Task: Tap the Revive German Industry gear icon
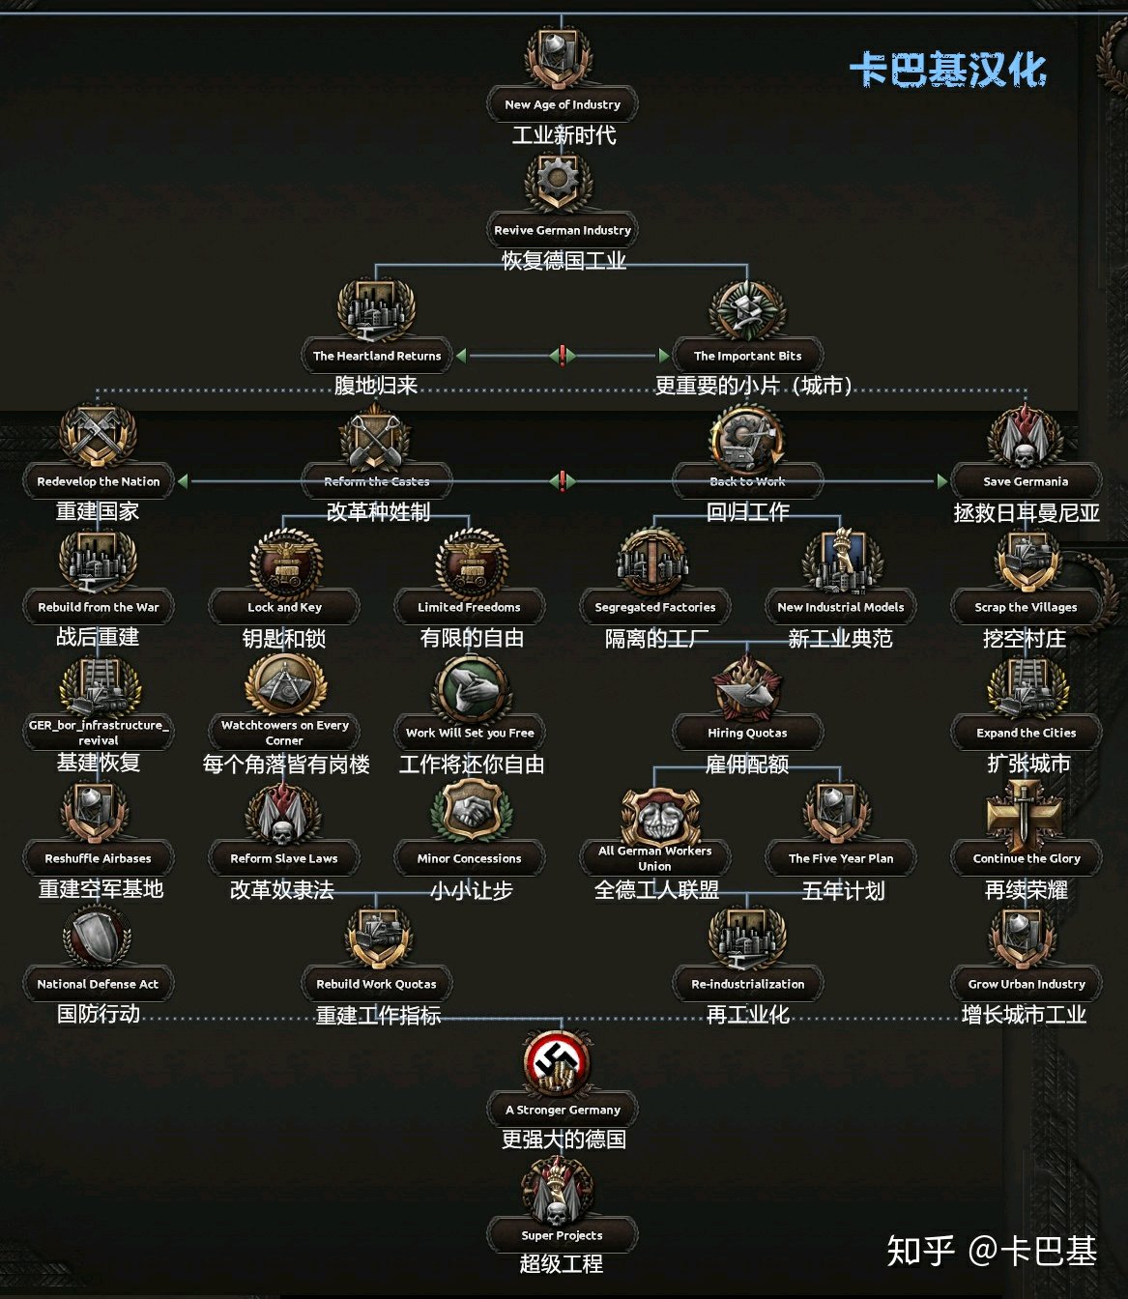(x=560, y=182)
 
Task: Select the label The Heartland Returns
(x=377, y=356)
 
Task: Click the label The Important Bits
(x=747, y=356)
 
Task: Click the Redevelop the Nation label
(x=99, y=481)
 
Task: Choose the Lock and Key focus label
(x=284, y=607)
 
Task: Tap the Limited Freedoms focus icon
(x=470, y=563)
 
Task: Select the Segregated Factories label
(x=655, y=607)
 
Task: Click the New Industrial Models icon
(x=840, y=563)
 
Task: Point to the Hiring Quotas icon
(x=747, y=688)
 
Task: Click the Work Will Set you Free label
(x=470, y=733)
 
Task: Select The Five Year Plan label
(x=841, y=858)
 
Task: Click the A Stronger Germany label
(x=563, y=1110)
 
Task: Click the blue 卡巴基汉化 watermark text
(x=948, y=71)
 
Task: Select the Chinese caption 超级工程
(x=562, y=1263)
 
